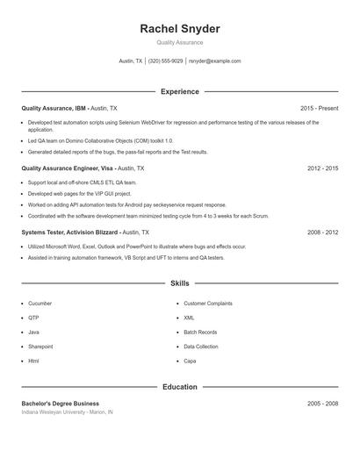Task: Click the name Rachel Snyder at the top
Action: [179, 29]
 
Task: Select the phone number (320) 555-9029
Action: [166, 61]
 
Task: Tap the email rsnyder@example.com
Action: [215, 61]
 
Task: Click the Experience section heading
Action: [179, 91]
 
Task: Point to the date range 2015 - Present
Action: [319, 108]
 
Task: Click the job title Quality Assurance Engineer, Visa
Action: [68, 168]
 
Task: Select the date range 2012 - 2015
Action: [322, 168]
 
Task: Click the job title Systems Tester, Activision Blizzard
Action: [70, 232]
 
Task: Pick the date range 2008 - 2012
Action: [322, 232]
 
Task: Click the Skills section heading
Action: [179, 283]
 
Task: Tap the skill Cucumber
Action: [40, 304]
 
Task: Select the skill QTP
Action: [33, 318]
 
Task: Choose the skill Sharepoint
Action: [40, 347]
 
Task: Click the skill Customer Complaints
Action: [208, 304]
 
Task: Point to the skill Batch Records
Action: [200, 333]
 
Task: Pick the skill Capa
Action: [190, 361]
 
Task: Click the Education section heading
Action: [179, 387]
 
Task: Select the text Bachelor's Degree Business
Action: [61, 404]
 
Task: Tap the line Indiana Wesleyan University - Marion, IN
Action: [68, 412]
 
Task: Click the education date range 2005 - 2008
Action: [322, 404]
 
